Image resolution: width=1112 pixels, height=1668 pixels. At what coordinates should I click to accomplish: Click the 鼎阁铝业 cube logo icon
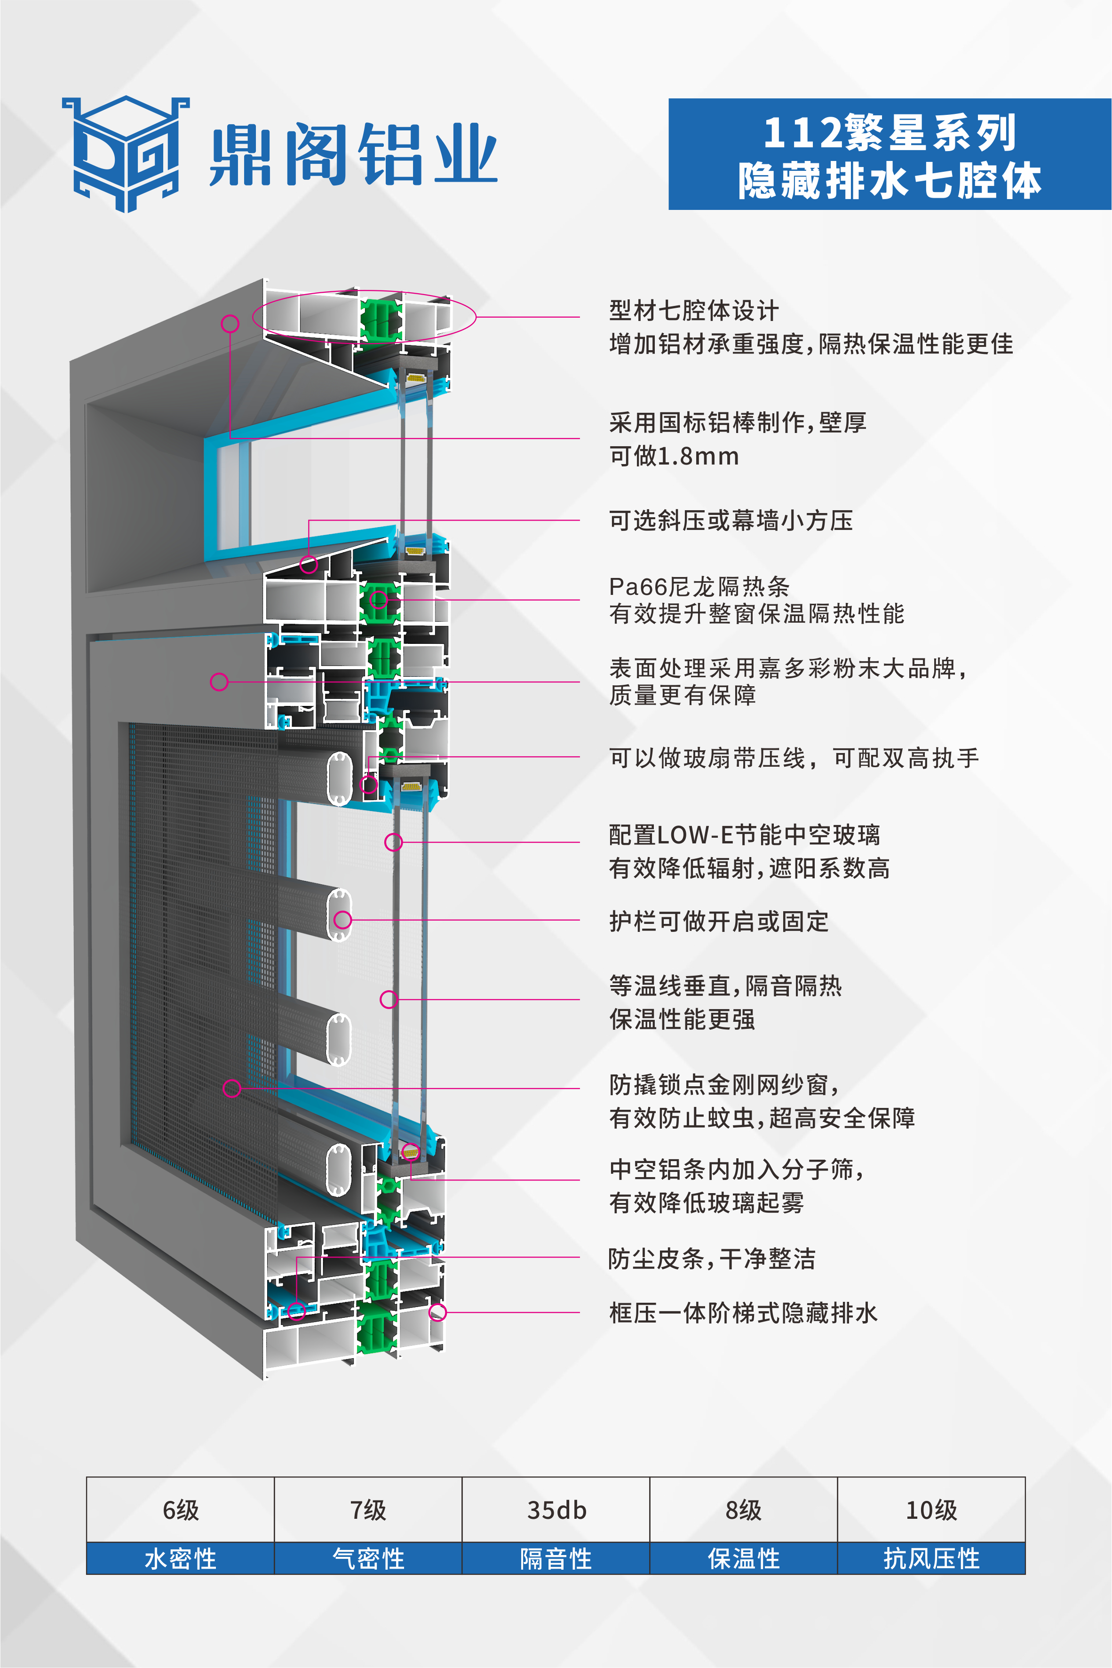pyautogui.click(x=126, y=154)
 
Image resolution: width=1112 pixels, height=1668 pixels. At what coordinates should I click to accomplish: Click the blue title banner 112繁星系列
pyautogui.click(x=890, y=154)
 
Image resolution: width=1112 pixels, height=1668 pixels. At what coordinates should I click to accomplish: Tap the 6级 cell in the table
pyautogui.click(x=180, y=1510)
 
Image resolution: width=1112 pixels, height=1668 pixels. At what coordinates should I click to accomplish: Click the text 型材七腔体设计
pyautogui.click(x=693, y=310)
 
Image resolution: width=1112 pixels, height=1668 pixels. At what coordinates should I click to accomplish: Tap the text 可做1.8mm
pyautogui.click(x=674, y=456)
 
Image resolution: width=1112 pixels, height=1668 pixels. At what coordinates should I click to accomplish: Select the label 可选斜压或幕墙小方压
pyautogui.click(x=731, y=520)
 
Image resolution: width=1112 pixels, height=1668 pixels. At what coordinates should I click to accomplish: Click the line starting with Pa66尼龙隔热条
pyautogui.click(x=699, y=586)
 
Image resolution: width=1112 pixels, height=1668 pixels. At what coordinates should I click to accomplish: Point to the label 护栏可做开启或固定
pyautogui.click(x=718, y=921)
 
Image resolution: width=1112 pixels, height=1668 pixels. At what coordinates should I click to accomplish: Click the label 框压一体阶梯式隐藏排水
pyautogui.click(x=743, y=1313)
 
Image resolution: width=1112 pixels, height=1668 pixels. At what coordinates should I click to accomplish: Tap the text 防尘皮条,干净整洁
pyautogui.click(x=711, y=1259)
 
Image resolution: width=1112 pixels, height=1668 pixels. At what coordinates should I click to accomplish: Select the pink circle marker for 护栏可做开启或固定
pyautogui.click(x=342, y=920)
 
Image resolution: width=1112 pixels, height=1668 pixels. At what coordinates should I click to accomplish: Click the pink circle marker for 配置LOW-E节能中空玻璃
pyautogui.click(x=394, y=842)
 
